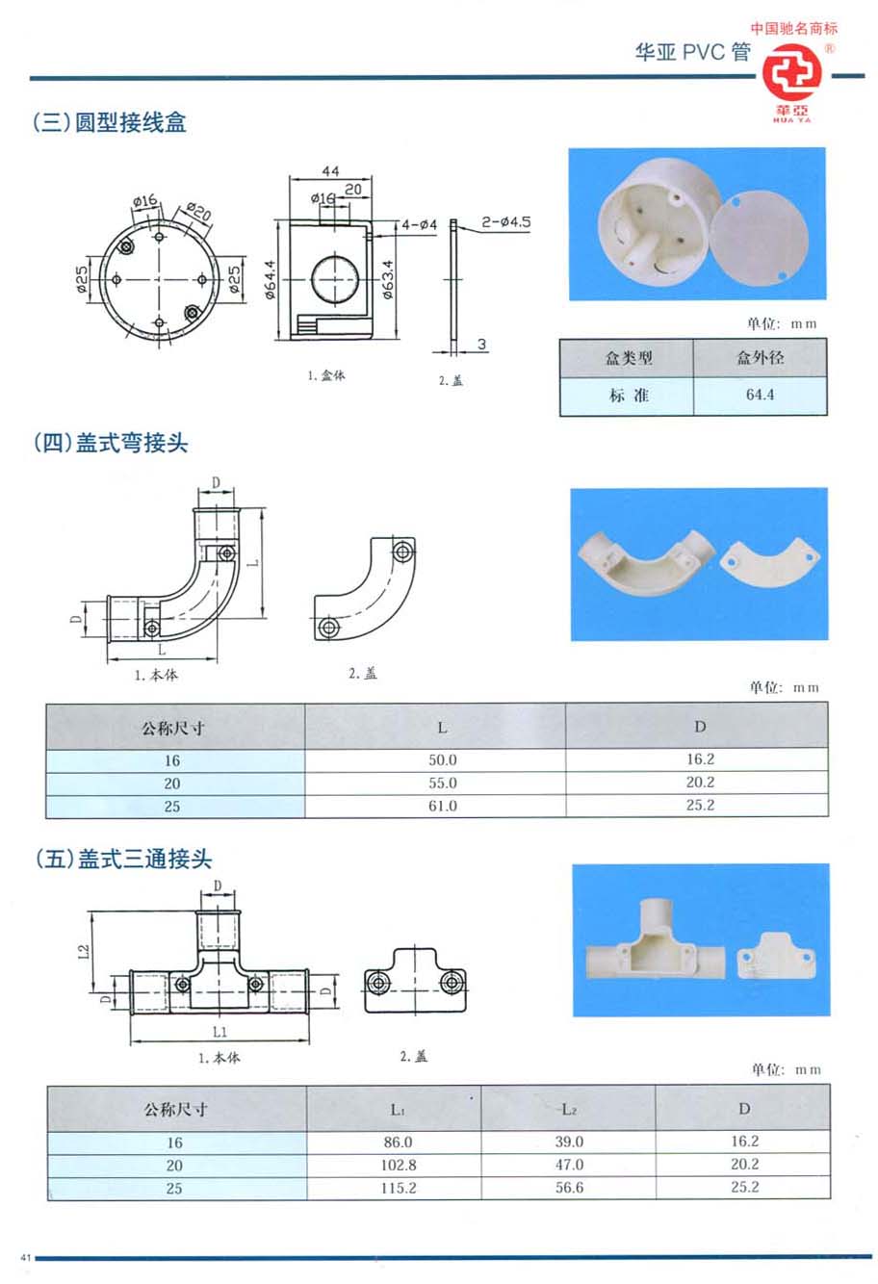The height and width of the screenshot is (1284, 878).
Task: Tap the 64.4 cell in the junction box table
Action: [760, 395]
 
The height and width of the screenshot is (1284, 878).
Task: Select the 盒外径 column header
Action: [760, 357]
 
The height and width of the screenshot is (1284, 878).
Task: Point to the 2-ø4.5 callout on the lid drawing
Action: [506, 222]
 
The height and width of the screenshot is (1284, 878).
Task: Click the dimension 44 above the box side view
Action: [330, 170]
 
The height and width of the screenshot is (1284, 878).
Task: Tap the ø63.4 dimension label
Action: [387, 279]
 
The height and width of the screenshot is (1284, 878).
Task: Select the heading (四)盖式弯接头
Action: [110, 443]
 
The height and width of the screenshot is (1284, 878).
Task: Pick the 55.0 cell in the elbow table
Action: [442, 783]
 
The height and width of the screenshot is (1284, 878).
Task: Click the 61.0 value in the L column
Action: [442, 806]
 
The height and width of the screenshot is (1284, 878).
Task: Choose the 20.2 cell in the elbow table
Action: [700, 783]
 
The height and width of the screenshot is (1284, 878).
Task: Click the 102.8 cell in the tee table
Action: [397, 1165]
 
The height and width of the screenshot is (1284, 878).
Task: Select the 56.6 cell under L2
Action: [569, 1188]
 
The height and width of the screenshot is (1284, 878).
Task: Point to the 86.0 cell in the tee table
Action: [397, 1142]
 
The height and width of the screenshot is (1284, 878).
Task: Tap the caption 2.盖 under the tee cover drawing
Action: [413, 1056]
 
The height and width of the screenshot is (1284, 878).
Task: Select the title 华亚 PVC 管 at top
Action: [692, 52]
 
